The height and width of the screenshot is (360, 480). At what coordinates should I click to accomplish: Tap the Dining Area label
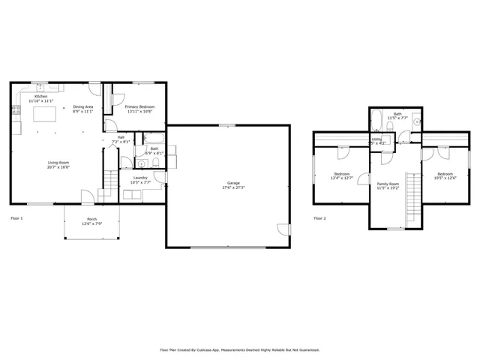click(x=83, y=107)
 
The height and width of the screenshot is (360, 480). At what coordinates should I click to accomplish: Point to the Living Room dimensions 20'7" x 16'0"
click(x=57, y=167)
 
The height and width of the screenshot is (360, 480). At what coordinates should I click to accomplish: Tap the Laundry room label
click(x=140, y=178)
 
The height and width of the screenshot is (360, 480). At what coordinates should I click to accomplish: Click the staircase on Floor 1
click(x=109, y=181)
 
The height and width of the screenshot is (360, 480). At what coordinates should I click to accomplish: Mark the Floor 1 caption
click(x=16, y=218)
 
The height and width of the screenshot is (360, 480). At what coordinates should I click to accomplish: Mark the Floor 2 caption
click(x=320, y=218)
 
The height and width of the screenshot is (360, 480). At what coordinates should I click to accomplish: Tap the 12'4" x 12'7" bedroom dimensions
click(x=342, y=178)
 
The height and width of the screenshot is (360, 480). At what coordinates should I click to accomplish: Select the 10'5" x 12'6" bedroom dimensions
click(x=441, y=178)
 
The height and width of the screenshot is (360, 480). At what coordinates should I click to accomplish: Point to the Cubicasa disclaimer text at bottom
click(x=240, y=349)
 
